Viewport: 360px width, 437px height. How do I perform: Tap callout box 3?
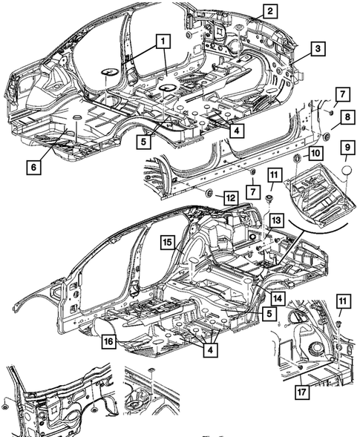[317, 50]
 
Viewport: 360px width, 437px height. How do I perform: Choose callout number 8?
[347, 116]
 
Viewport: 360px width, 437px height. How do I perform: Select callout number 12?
[231, 197]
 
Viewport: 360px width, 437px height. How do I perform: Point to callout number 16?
[108, 341]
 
